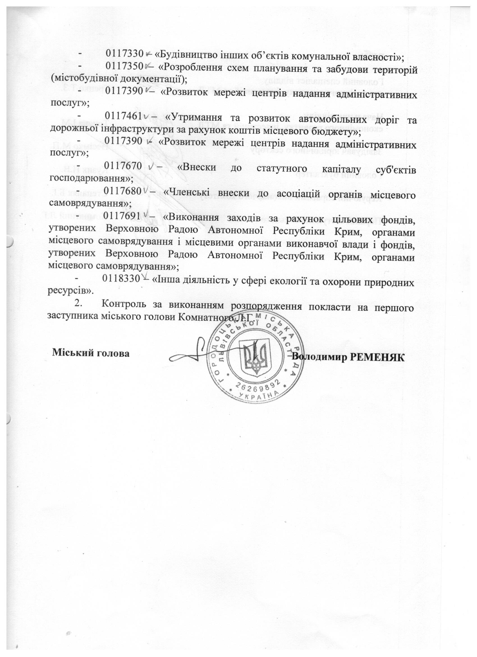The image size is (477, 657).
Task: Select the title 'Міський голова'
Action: coord(91,354)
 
